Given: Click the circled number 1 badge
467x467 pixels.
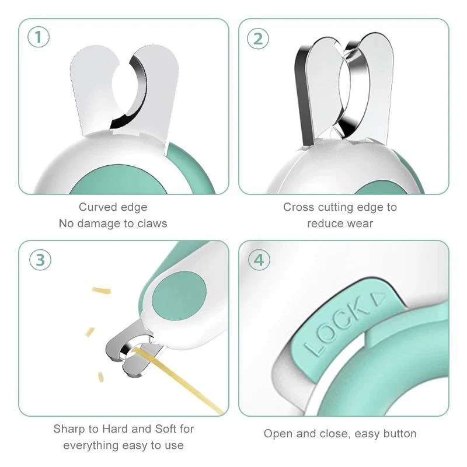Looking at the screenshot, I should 39,38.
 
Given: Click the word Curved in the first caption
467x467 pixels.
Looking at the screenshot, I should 97,207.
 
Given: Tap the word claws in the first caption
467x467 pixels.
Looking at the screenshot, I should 152,224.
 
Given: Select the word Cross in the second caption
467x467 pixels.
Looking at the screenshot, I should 298,207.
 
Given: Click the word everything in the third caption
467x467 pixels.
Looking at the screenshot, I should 90,445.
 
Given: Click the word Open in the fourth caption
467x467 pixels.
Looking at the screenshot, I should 277,434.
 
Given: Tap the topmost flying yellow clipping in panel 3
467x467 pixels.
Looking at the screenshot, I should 102,290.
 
